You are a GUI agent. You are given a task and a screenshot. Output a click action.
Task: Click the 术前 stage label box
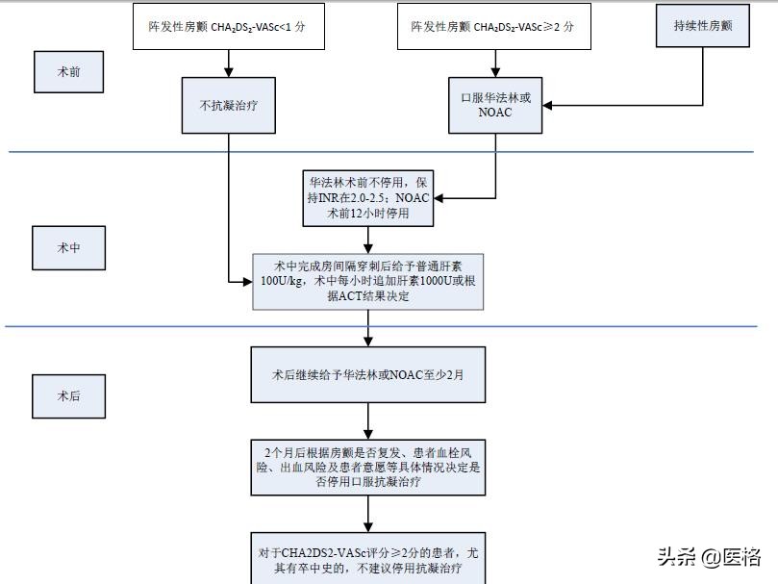point(69,71)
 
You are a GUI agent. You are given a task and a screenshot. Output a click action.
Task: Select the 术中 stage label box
point(69,247)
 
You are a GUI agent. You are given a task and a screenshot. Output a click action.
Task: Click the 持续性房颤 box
point(702,26)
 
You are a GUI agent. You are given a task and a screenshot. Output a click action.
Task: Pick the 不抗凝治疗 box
point(229,105)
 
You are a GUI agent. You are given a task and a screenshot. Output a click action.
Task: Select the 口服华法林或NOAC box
point(495,105)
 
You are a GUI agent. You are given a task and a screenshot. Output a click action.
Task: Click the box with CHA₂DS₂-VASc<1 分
point(229,28)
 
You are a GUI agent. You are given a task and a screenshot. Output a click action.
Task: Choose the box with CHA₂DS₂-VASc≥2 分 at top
point(495,28)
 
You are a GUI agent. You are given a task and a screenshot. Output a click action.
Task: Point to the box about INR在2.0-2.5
point(369,197)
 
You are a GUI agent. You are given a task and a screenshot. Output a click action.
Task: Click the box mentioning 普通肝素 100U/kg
point(368,281)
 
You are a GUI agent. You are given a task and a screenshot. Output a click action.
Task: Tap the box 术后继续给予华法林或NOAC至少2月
point(368,374)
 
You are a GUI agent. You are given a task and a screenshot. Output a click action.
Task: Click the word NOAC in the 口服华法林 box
point(495,113)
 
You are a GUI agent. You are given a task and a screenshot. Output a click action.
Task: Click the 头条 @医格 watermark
point(710,556)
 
